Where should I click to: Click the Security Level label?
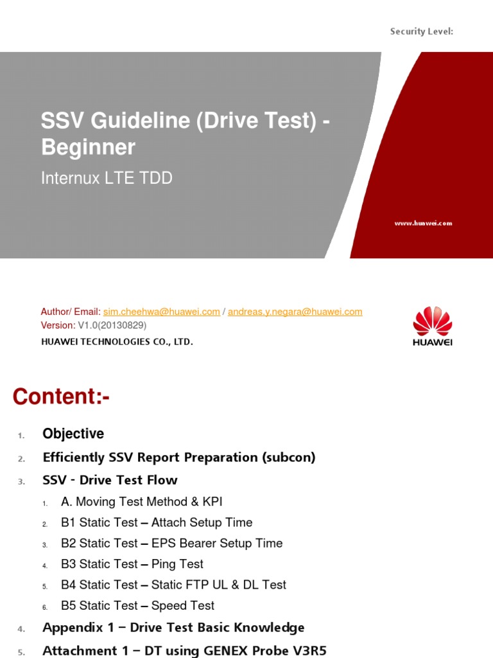click(x=422, y=31)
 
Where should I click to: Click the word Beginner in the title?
click(x=89, y=148)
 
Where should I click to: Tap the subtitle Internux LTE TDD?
click(x=107, y=178)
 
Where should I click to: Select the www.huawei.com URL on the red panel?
click(x=423, y=223)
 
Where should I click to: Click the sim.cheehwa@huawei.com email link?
click(x=162, y=312)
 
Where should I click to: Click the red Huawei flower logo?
click(x=432, y=321)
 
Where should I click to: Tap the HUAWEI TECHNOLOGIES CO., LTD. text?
click(x=117, y=342)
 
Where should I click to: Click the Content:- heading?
click(x=61, y=396)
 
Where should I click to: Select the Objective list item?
click(x=73, y=434)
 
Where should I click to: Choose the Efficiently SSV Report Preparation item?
click(x=179, y=458)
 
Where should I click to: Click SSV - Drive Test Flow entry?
click(x=110, y=480)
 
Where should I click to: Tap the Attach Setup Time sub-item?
click(x=202, y=522)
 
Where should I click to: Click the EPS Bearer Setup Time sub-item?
click(x=217, y=543)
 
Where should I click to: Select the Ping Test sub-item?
click(x=177, y=564)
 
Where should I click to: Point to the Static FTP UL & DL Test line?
click(x=218, y=585)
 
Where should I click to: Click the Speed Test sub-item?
click(x=183, y=605)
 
